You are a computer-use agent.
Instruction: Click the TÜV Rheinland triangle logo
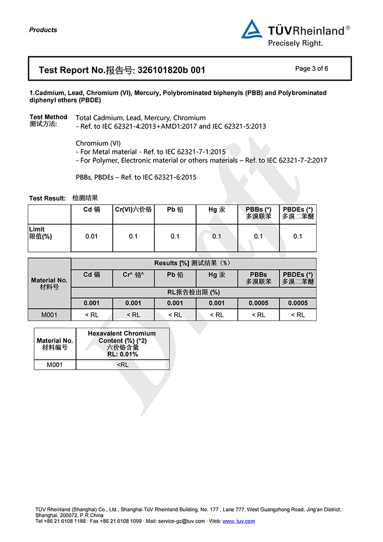[x=252, y=29]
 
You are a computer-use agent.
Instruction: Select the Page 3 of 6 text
[x=312, y=69]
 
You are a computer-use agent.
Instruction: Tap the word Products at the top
[x=43, y=30]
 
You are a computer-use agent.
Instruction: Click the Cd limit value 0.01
[x=91, y=236]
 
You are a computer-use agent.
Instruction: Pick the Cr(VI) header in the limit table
[x=133, y=210]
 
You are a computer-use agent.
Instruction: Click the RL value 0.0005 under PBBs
[x=258, y=303]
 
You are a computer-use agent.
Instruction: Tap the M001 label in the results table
[x=49, y=315]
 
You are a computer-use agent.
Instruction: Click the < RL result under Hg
[x=217, y=315]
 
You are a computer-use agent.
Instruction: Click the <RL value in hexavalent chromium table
[x=123, y=365]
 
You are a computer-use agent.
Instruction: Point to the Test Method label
[x=48, y=117]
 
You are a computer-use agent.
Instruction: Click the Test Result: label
[x=47, y=198]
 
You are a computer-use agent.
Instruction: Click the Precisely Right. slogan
[x=295, y=43]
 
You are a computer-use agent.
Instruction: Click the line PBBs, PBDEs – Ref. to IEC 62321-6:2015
[x=136, y=177]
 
